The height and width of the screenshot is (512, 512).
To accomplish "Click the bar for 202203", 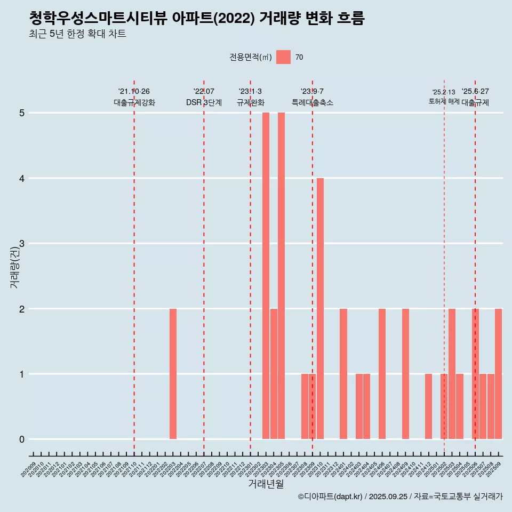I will tap(173, 374).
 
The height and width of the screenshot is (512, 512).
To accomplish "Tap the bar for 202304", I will tap(274, 374).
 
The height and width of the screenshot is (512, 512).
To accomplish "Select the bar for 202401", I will tap(343, 374).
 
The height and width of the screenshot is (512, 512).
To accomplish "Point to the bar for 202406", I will tap(382, 374).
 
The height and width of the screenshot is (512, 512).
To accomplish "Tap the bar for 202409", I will tap(405, 374).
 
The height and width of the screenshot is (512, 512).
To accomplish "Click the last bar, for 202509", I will tap(498, 374).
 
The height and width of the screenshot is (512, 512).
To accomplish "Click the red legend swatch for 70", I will tap(283, 57).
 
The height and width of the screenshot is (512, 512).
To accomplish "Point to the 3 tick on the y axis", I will tap(22, 243).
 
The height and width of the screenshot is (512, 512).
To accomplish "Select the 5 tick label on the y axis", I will tap(22, 113).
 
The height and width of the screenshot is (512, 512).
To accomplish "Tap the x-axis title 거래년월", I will tap(266, 484).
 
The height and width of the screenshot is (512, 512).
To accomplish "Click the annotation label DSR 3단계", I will tap(204, 102).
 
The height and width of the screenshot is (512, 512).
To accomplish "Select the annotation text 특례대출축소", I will tap(312, 102).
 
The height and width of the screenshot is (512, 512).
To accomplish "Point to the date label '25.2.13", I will tap(444, 92).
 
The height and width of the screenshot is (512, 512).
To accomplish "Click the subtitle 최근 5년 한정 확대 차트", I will tap(78, 34).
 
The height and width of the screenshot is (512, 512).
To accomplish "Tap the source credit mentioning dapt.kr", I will tap(400, 497).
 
